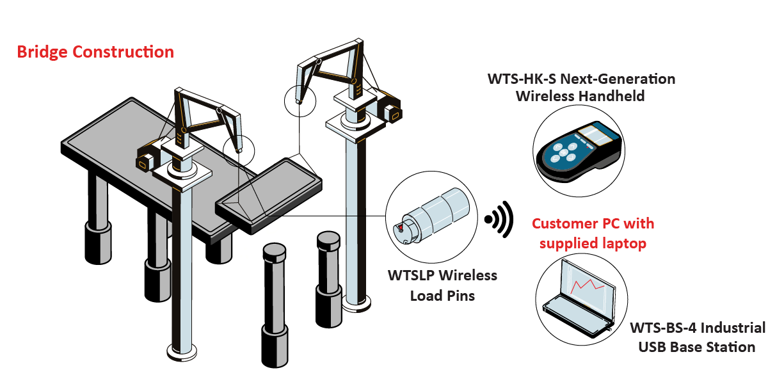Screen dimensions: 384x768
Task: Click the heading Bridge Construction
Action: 95,52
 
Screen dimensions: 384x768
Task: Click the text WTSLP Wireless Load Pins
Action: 442,285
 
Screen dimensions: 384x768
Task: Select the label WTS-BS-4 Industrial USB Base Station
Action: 697,337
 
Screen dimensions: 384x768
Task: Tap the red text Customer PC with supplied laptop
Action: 593,234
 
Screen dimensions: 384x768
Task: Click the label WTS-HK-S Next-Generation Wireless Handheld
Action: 581,88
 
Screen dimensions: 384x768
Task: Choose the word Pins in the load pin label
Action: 461,296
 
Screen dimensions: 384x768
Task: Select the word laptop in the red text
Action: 625,243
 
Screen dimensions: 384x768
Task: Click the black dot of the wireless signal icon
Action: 489,220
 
